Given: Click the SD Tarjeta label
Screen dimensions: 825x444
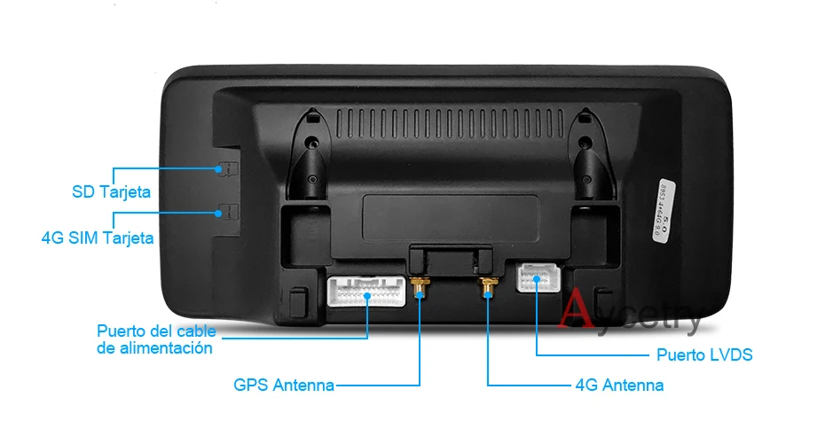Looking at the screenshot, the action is point(111,191).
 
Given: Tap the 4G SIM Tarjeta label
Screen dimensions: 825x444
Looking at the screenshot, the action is point(98,237).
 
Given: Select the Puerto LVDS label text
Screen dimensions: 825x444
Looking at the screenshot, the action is point(704,354).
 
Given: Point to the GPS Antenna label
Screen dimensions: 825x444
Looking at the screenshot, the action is point(284,385).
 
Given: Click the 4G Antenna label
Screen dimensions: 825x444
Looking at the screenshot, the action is point(619,385).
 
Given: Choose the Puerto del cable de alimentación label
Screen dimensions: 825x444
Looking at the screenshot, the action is point(155,340).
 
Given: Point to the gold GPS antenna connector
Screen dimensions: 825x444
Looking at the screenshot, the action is point(420,287).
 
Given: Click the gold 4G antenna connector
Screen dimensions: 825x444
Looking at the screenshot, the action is point(487,287).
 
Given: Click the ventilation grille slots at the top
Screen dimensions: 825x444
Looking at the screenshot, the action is point(452,121).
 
